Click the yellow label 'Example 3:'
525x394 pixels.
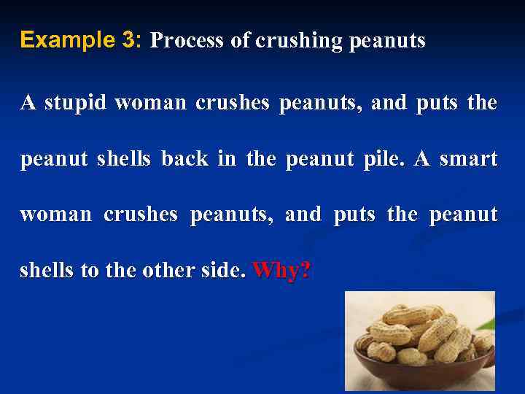pyautogui.click(x=81, y=40)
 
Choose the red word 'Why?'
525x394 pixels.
pyautogui.click(x=281, y=271)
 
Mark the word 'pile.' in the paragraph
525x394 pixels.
pyautogui.click(x=385, y=158)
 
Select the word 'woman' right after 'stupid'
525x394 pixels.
pyautogui.click(x=151, y=103)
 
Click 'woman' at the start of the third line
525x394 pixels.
pyautogui.click(x=56, y=215)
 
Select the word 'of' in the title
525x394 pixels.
pyautogui.click(x=241, y=41)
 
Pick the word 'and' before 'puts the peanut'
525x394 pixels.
pyautogui.click(x=303, y=215)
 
